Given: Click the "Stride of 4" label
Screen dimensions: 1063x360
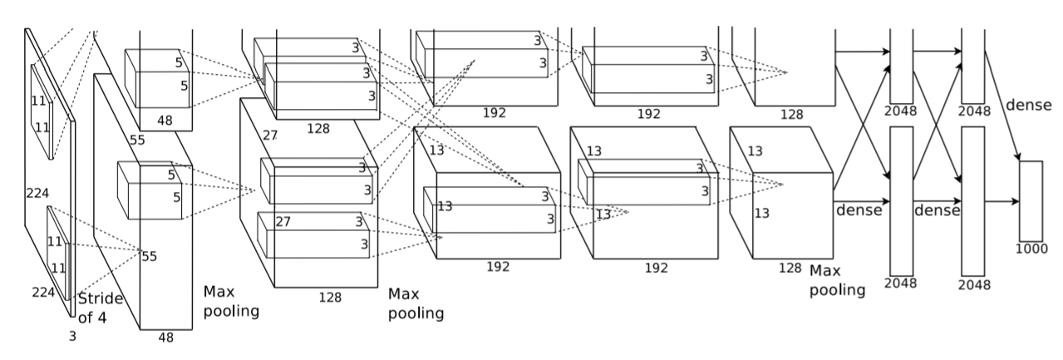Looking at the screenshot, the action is point(100,308).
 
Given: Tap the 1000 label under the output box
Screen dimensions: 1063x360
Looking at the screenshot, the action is point(1031,249).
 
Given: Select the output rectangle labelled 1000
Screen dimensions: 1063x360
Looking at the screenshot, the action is point(1031,201).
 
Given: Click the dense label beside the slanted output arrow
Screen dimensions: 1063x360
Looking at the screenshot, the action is point(1029,105).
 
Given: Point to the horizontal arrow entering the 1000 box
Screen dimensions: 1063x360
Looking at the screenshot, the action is point(1001,201).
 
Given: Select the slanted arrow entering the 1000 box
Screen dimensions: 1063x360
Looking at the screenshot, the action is point(1001,106).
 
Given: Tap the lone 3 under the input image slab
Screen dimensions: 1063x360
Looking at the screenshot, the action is point(72,336).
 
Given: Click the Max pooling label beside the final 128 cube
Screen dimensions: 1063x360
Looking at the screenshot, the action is point(837,280).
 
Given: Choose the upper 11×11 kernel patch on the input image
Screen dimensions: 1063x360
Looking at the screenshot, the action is point(42,112).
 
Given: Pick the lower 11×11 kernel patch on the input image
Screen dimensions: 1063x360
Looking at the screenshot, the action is point(58,253).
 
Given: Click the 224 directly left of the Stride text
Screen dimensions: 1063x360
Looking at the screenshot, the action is point(43,292).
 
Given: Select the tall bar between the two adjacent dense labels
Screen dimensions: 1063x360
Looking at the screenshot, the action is point(902,201).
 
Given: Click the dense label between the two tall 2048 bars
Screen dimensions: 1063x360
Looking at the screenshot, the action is point(938,210).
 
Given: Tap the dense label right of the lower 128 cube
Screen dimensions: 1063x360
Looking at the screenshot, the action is point(859,210).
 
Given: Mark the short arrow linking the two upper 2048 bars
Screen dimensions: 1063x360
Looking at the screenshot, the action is point(938,52).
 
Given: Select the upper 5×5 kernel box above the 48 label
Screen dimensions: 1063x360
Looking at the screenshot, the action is point(157,78).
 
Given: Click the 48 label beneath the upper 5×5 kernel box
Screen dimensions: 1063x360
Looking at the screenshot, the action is point(165,121).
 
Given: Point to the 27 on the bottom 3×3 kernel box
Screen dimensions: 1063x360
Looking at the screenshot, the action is point(283,221).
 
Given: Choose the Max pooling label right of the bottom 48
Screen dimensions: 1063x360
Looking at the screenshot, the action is point(231,301).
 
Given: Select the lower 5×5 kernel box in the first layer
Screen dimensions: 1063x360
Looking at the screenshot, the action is point(150,190).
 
